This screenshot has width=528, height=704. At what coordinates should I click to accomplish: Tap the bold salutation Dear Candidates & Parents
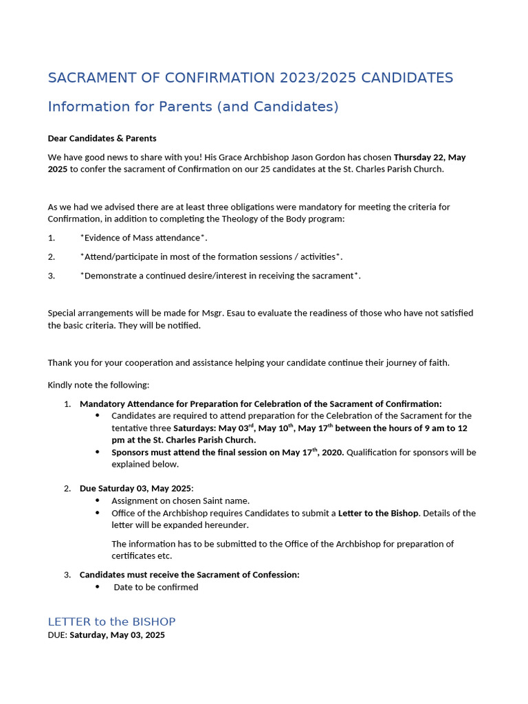pos(102,138)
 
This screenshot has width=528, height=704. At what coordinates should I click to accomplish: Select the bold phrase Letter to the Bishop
pos(378,513)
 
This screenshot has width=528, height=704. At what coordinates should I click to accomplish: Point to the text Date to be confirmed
pos(156,587)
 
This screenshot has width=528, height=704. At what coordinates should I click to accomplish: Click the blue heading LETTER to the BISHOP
pos(111,621)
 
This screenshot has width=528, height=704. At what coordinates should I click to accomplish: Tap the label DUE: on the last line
pos(57,635)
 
